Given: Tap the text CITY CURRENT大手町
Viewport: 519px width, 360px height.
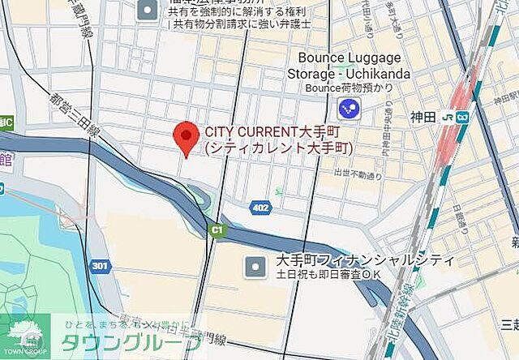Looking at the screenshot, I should coord(269,132).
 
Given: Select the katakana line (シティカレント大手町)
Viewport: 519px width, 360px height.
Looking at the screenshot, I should coord(278,148).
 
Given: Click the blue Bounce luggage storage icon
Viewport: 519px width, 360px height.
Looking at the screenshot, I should coord(349,108).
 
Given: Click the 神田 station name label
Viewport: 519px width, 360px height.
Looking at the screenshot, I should coord(422,116).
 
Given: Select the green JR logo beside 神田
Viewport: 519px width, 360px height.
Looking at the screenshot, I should coord(448,116).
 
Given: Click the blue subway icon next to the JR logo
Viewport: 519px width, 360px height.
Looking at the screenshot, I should coord(462,116).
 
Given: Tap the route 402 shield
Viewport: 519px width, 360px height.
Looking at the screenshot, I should coord(259,207).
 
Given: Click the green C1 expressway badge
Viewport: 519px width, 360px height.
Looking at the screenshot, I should coord(216,231).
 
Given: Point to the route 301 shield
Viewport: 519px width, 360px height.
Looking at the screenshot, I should coord(99,265).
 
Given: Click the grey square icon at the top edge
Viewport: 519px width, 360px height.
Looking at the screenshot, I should coord(148,11).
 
